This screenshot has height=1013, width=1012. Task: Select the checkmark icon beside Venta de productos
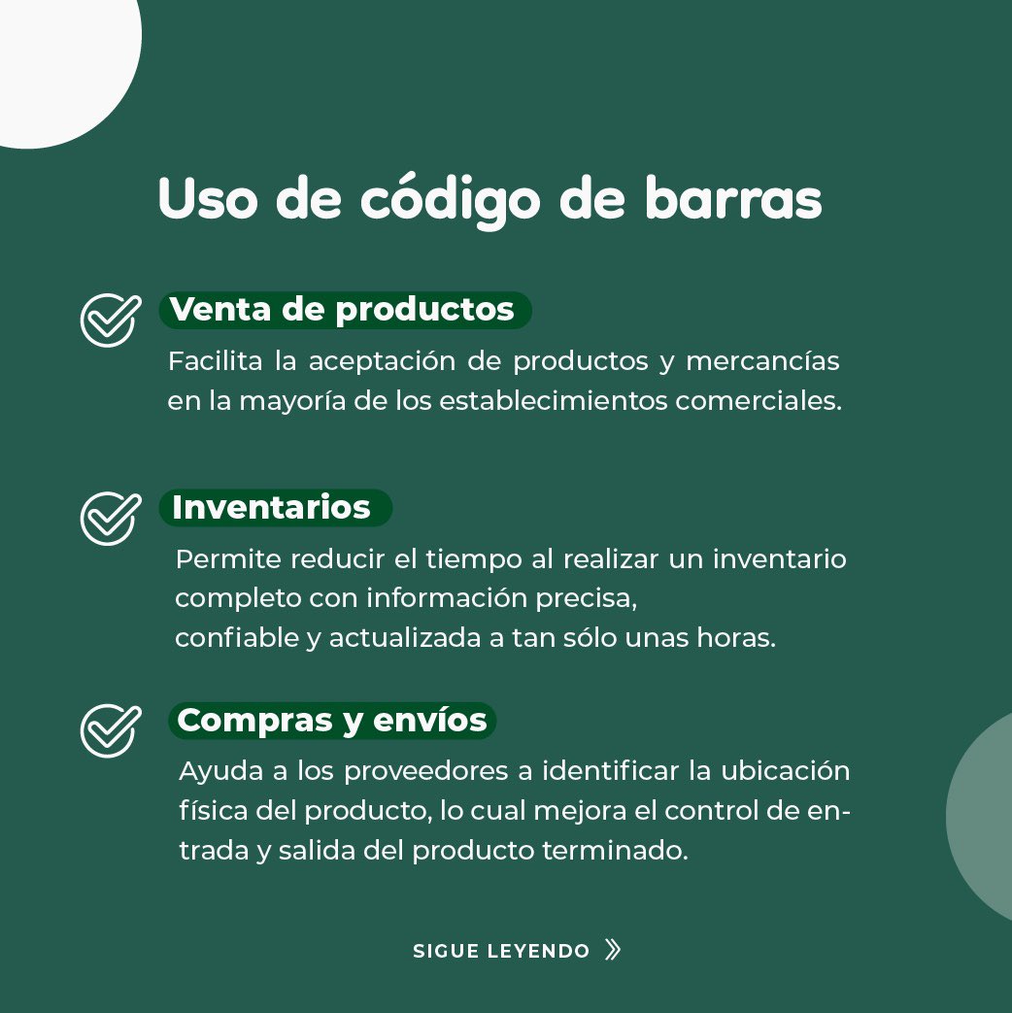coord(110,320)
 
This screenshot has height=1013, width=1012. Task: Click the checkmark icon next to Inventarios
coord(110,518)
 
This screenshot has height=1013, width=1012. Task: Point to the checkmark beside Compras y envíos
coord(110,729)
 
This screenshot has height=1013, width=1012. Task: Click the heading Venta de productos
coord(342,310)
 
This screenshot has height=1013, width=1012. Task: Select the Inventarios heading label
coord(271,507)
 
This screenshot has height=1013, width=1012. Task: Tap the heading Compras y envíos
coord(332,720)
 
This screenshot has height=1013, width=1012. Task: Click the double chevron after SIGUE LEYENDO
coord(612,950)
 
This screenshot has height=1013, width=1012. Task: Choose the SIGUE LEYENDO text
coord(501,951)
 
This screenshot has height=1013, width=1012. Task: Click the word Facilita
coord(215,361)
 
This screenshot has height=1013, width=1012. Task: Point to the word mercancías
coord(762,361)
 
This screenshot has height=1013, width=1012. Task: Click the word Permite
coord(228,559)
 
